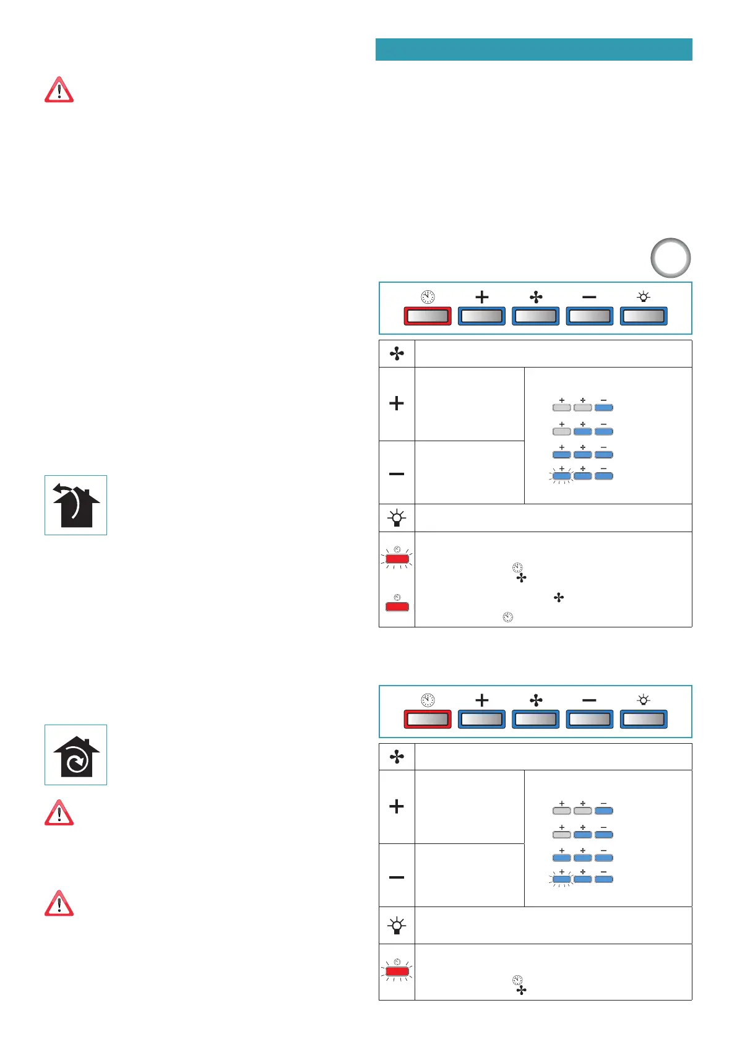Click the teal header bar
coord(533,50)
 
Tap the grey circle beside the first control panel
coord(670,258)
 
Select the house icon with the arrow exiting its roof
coord(75,505)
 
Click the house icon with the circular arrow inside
coord(75,755)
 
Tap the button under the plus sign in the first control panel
coord(481,316)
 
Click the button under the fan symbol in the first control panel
coord(536,316)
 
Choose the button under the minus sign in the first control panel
coord(589,316)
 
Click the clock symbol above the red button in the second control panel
coord(428,700)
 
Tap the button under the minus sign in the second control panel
coord(589,720)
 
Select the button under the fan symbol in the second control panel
coord(536,720)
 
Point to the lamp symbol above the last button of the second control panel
coord(644,700)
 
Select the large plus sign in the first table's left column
coord(397,403)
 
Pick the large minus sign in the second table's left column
coord(397,877)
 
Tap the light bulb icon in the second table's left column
coord(397,926)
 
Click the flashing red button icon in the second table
coord(397,971)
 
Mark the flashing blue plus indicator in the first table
coord(562,476)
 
